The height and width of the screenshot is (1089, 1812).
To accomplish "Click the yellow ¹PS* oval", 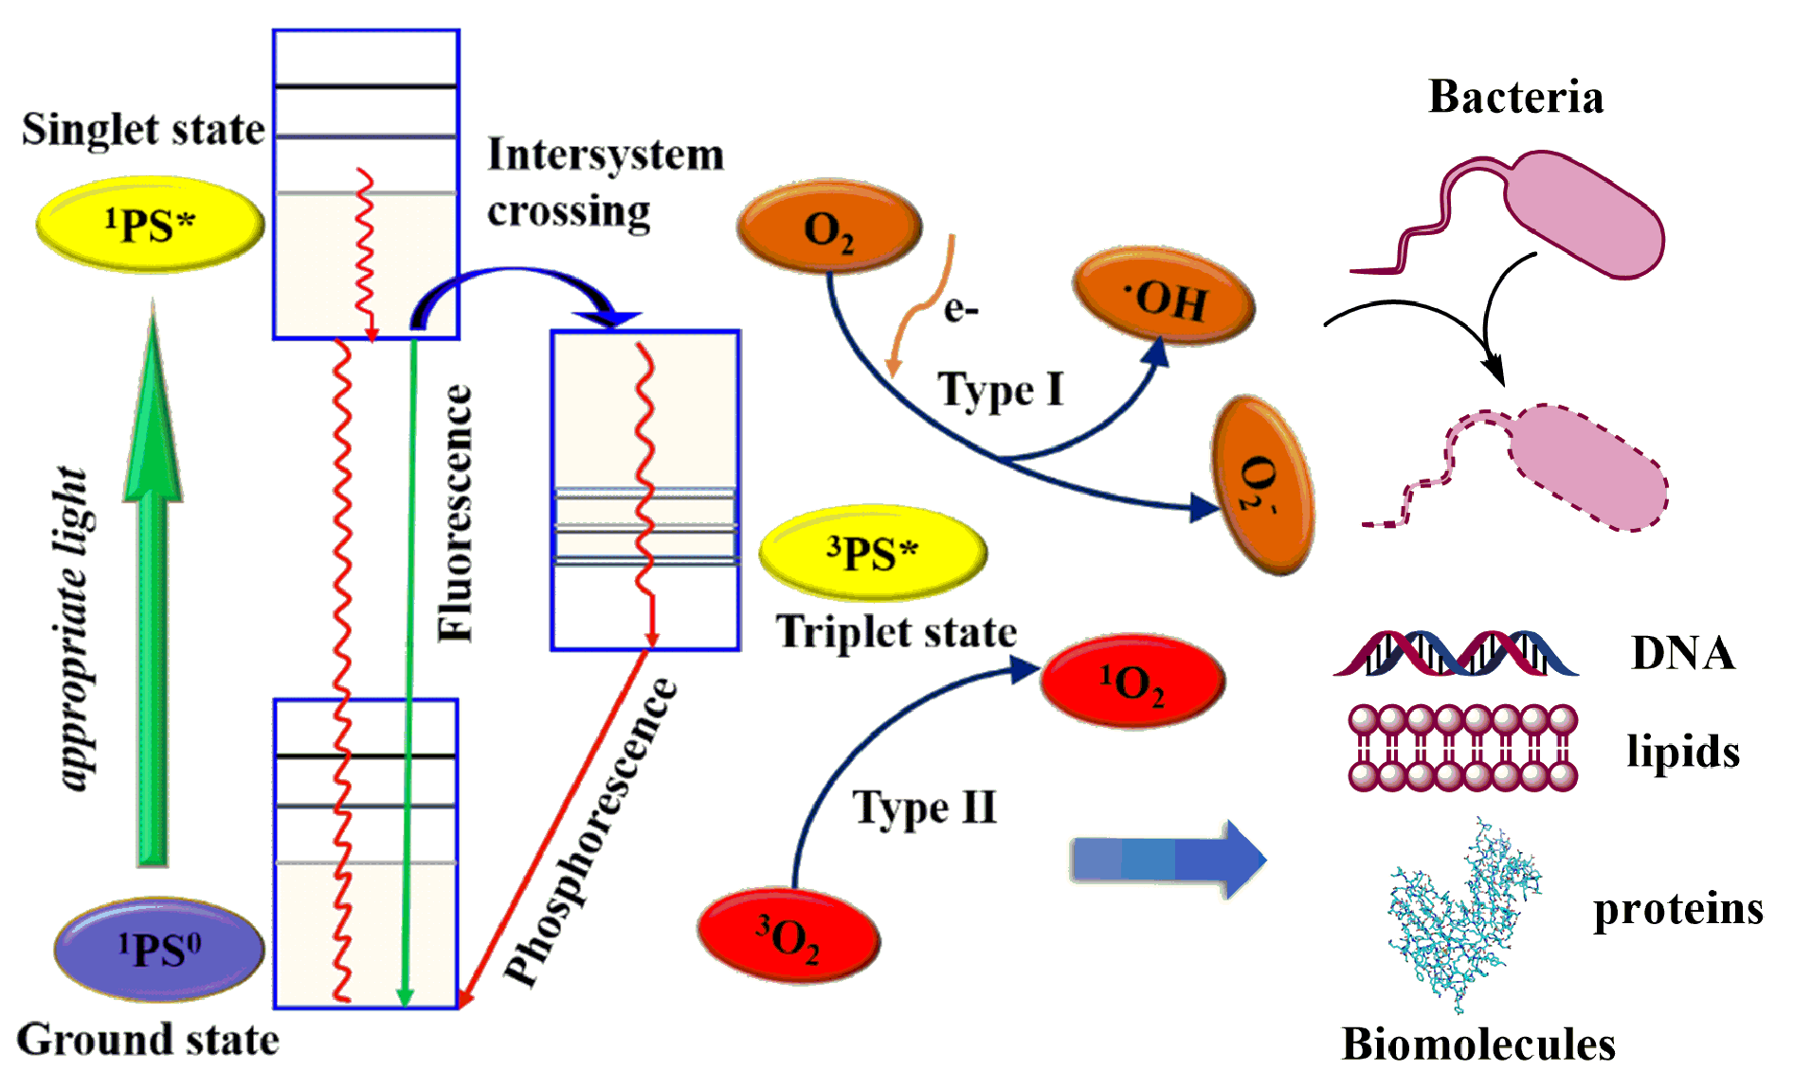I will (x=150, y=225).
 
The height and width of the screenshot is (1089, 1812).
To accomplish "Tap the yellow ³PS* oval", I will (x=873, y=553).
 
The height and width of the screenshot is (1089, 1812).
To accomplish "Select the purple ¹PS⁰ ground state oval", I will (x=159, y=950).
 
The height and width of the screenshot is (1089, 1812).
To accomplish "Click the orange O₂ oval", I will (x=828, y=228).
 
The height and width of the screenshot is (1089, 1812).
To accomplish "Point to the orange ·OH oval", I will (x=1164, y=298).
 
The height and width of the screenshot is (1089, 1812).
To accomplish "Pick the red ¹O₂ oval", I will (x=1132, y=681).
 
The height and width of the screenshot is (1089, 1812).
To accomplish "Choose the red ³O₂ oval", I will (x=788, y=936).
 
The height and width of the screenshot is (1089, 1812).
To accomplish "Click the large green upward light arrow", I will (x=153, y=607).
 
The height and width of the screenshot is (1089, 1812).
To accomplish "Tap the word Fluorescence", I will (x=456, y=513).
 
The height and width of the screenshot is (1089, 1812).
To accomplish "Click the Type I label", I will (x=1001, y=390).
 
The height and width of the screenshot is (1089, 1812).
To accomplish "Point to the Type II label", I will (x=925, y=808).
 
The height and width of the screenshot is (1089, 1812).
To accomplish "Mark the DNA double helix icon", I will (x=1456, y=653).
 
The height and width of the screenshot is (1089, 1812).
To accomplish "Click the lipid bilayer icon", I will (x=1462, y=748).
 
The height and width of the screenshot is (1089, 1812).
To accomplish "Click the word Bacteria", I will (x=1515, y=98).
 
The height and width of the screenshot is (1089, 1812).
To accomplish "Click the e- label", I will (x=961, y=309).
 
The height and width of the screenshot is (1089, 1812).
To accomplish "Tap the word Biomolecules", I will (x=1478, y=1044).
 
